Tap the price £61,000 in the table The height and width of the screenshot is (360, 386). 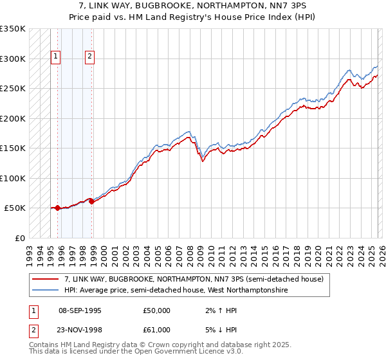(x=157, y=330)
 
